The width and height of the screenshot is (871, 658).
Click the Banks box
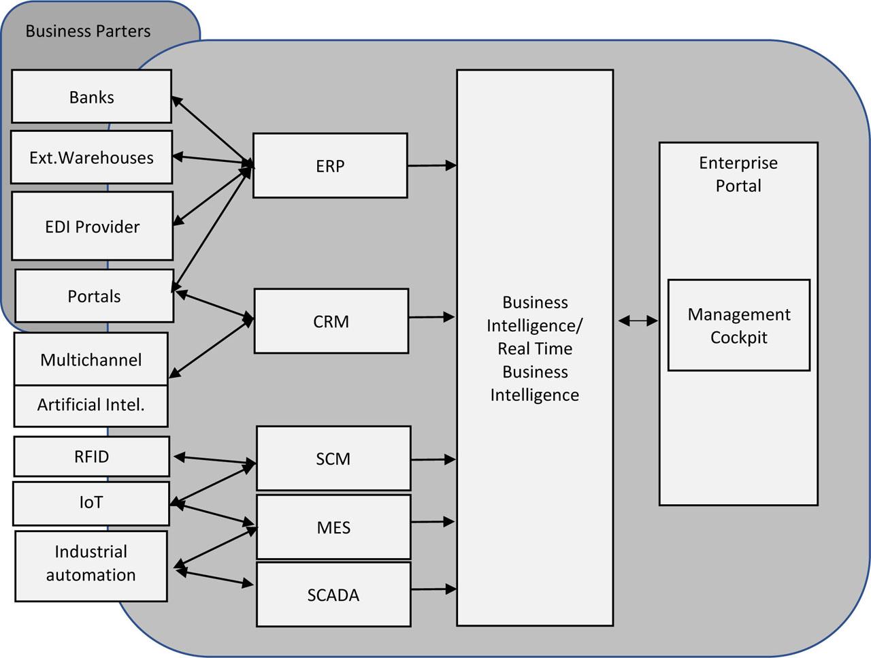pos(91,97)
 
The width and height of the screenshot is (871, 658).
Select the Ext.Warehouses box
pos(91,157)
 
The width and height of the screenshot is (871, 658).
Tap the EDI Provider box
pos(92,226)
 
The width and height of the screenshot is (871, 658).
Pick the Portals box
pos(94,296)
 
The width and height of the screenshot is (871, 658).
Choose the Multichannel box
pos(91,359)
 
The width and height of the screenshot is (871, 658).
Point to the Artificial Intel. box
pos(91,406)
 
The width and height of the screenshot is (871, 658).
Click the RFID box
pos(91,456)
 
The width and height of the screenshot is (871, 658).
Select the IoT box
pos(91,503)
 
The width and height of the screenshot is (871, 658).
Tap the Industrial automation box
pos(91,565)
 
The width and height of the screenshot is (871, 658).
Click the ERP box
pos(330,166)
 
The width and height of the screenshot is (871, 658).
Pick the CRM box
pos(331,321)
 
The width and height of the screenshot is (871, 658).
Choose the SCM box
pos(333,459)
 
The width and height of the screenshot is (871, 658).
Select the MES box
pos(333,527)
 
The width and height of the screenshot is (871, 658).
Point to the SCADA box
pos(333,595)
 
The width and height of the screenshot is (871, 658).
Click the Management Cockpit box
pos(738,325)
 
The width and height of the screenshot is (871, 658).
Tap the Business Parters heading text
pos(88,31)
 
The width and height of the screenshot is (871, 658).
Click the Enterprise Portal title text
pos(738,174)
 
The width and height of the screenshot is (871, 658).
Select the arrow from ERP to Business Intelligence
pos(431,165)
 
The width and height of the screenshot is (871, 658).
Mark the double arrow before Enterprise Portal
pos(638,320)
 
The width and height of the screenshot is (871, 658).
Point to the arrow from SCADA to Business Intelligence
pos(433,589)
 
